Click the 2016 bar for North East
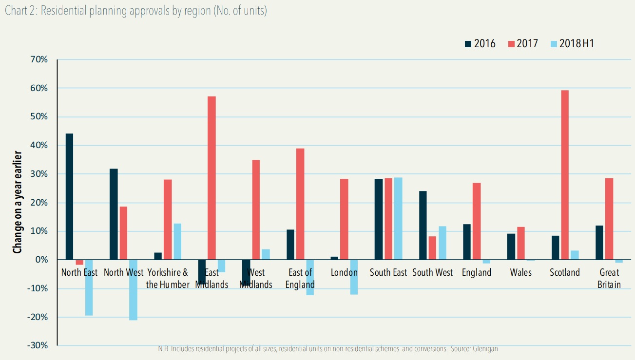(x=69, y=196)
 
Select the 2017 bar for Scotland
(x=565, y=175)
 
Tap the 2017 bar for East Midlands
(x=212, y=178)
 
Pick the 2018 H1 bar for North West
(x=133, y=290)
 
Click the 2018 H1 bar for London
(x=354, y=277)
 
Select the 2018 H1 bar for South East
(x=398, y=218)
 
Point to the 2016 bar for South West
(x=423, y=225)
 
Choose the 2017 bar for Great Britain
(x=609, y=219)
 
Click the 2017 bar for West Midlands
(x=256, y=209)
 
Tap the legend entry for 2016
(x=480, y=44)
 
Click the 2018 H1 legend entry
(x=572, y=44)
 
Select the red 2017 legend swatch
(x=511, y=44)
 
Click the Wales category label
(x=520, y=272)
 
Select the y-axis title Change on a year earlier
(x=18, y=202)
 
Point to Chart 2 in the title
(x=19, y=11)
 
